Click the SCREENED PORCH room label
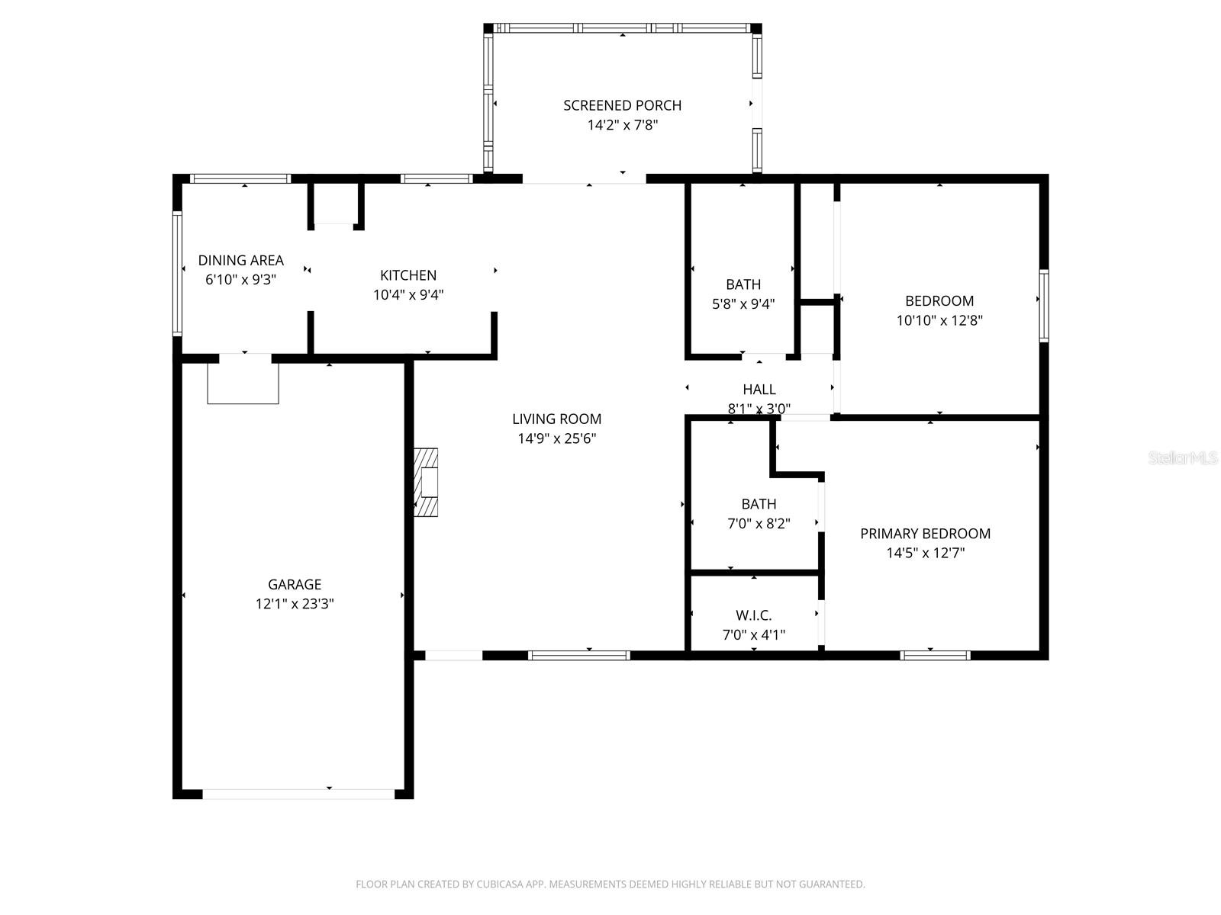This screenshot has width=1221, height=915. (x=622, y=105)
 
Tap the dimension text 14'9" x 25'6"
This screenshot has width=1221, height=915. (x=556, y=438)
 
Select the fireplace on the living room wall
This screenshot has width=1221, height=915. (x=426, y=483)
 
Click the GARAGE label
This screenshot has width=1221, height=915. (x=294, y=584)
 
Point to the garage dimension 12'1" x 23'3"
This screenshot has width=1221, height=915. (x=294, y=604)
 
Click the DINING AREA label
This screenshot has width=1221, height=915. (x=240, y=260)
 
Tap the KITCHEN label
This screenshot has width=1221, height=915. (x=408, y=275)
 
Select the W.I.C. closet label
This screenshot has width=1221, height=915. (x=753, y=615)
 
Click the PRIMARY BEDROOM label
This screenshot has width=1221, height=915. (x=925, y=534)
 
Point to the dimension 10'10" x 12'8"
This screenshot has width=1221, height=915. (x=939, y=320)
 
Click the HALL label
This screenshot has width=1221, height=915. (x=759, y=390)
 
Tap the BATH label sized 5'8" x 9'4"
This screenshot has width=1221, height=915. (x=743, y=284)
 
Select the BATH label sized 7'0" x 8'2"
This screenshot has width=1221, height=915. (x=759, y=504)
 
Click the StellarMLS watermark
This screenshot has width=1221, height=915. (x=1182, y=458)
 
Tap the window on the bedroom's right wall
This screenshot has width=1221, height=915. (x=1043, y=305)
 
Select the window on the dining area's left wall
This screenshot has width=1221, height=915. (x=177, y=273)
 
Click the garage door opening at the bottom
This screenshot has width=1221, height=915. (x=298, y=794)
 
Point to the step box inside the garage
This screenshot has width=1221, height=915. (x=243, y=384)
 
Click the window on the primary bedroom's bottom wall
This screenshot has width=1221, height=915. (x=934, y=655)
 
